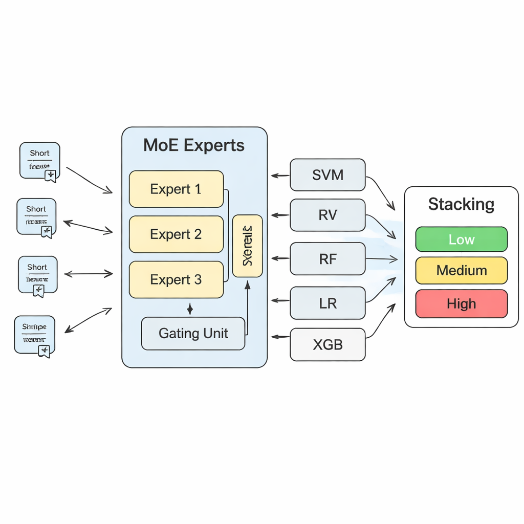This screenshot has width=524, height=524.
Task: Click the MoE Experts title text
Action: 194,145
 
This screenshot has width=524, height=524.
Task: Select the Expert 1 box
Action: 176,189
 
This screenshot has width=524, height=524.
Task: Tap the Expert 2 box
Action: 176,234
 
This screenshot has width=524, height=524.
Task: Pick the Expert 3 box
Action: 176,280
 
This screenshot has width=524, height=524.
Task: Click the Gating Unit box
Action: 193,334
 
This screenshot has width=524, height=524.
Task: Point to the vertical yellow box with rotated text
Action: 247,246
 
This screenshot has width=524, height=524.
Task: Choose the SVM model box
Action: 327,175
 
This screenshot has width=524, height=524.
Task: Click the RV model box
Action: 327,215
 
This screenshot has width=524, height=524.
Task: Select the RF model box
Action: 327,259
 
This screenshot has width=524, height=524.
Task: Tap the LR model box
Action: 327,303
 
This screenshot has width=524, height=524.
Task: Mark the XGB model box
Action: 327,344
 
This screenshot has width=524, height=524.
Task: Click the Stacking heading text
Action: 461,204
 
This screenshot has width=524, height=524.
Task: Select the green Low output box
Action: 461,239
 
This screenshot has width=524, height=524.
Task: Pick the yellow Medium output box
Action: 461,270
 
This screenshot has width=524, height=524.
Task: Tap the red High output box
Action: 461,304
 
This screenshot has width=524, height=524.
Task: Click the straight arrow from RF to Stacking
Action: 381,259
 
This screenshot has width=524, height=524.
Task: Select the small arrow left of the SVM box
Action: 280,176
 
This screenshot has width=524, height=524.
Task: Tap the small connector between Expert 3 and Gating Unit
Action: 190,309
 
